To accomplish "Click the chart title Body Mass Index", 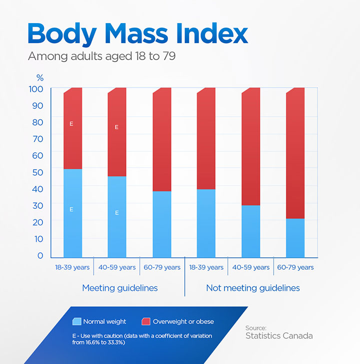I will pyautogui.click(x=137, y=34).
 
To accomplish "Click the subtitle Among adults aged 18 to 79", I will pyautogui.click(x=101, y=56).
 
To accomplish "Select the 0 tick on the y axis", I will pyautogui.click(x=40, y=256).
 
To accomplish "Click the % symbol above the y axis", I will pyautogui.click(x=40, y=78).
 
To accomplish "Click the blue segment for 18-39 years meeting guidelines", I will pyautogui.click(x=72, y=213).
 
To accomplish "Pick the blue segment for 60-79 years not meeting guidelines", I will pyautogui.click(x=295, y=238).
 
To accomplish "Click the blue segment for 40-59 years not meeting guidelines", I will pyautogui.click(x=250, y=231).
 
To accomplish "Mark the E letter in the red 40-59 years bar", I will pyautogui.click(x=116, y=127).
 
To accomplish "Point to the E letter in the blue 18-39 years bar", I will pyautogui.click(x=71, y=209).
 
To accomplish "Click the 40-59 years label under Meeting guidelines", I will pyautogui.click(x=116, y=267).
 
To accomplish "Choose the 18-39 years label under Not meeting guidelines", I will pyautogui.click(x=206, y=267).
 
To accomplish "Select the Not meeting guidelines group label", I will pyautogui.click(x=253, y=288).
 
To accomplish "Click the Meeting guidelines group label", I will pyautogui.click(x=119, y=288).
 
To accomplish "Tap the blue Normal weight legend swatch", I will pyautogui.click(x=76, y=321).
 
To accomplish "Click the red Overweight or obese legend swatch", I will pyautogui.click(x=146, y=321).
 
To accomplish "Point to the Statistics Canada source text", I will pyautogui.click(x=278, y=336).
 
